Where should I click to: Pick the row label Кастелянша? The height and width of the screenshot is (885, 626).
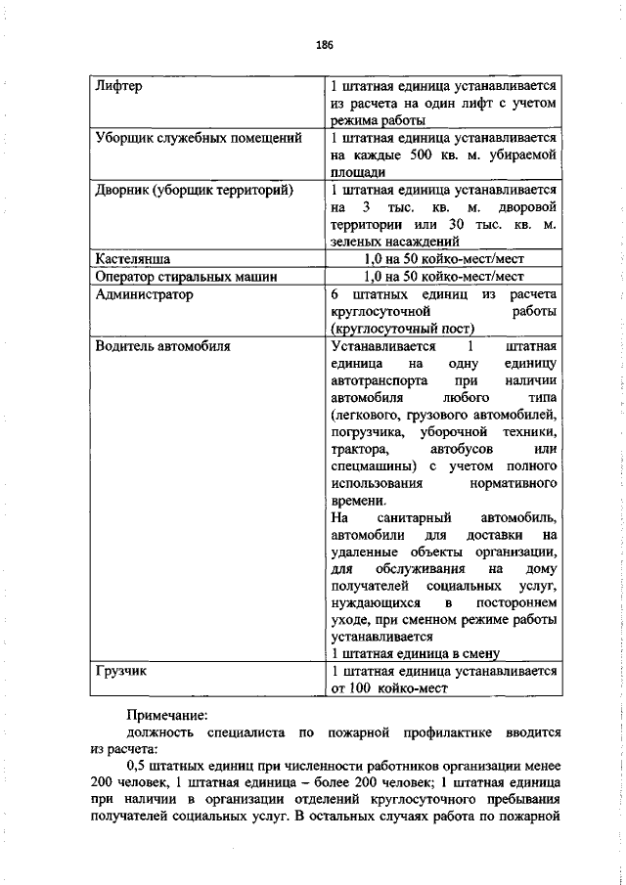pos(134,260)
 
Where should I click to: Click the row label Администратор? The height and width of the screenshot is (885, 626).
pos(144,293)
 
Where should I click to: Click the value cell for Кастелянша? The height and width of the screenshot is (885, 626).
pos(444,260)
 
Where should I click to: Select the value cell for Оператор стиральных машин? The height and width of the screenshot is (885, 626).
pos(444,277)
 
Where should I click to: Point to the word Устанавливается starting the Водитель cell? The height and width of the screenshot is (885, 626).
pos(384,345)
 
